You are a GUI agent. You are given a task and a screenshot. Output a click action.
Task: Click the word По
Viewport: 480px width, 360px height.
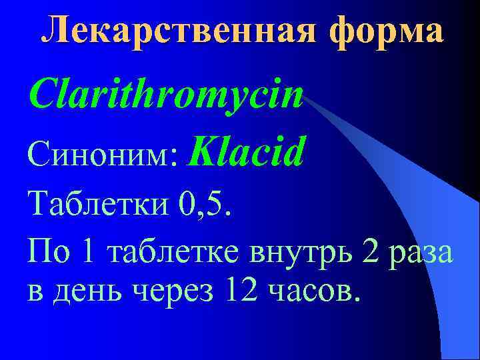pyautogui.click(x=49, y=253)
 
